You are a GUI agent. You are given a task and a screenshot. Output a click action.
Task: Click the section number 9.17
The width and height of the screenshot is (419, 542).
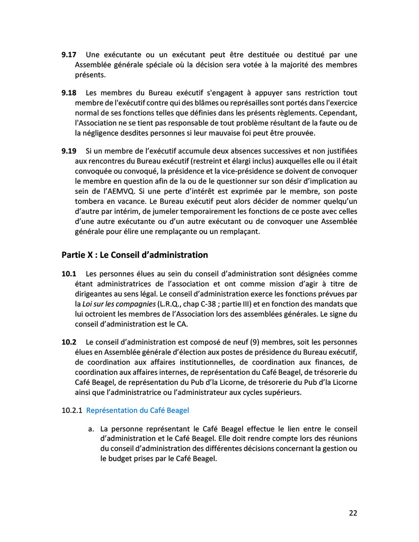point(69,55)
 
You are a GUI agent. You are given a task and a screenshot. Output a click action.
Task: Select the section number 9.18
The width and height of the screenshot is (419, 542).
point(69,93)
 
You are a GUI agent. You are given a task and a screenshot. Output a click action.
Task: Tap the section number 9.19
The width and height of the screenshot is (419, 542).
point(69,151)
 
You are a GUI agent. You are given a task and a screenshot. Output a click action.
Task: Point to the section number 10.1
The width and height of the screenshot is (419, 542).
point(69,274)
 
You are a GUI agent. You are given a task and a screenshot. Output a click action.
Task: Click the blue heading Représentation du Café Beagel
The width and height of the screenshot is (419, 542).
point(137,410)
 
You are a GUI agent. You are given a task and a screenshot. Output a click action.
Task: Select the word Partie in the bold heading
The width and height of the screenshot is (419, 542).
point(74,255)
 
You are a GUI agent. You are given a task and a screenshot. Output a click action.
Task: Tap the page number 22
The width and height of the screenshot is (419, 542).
point(353,512)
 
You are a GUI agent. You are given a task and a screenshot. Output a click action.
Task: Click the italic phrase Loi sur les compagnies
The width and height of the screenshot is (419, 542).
point(119,304)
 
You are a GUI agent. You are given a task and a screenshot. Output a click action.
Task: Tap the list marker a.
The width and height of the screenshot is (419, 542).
point(91,429)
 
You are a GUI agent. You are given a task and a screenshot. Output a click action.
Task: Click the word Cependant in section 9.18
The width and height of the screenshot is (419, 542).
point(340,113)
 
